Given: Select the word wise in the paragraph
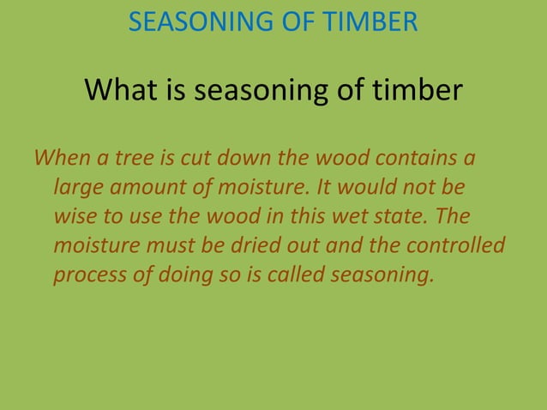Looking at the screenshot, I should (75, 215).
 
